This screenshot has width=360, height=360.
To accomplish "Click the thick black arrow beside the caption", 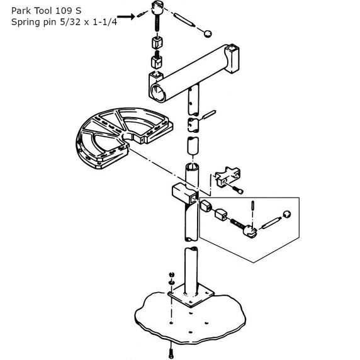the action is pos(126,16).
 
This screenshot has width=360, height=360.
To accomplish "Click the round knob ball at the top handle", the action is pos(208,33).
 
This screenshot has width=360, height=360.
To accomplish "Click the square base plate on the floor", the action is pos(191,296).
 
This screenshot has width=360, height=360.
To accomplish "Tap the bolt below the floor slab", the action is pos(171,351).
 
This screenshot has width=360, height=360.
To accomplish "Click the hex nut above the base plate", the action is pos(171,274).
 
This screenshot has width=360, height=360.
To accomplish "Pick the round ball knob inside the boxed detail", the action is pos(287,214).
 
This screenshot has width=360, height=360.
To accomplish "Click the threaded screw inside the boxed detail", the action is pos(237,223).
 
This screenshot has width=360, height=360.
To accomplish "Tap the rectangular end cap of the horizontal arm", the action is pos(233,59).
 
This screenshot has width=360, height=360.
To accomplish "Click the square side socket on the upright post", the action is pos(185,194).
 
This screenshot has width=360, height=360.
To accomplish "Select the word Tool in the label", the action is pos(43,11).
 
